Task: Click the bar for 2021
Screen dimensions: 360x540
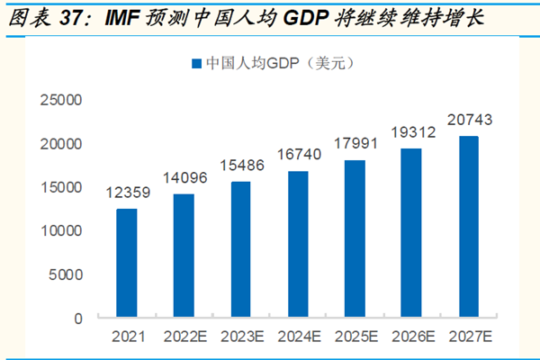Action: [x=126, y=263]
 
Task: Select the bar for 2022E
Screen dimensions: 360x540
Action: [x=184, y=256]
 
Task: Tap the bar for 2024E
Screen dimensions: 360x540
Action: [x=298, y=244]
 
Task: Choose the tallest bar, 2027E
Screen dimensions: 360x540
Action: [x=469, y=227]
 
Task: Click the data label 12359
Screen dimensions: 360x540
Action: [x=126, y=192]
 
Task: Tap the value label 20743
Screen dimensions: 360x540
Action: [x=469, y=119]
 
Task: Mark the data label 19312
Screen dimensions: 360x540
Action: [x=411, y=131]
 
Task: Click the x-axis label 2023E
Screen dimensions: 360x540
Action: [x=240, y=337]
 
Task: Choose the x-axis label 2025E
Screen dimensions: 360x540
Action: [x=355, y=337]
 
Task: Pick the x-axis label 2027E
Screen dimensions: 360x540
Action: [x=469, y=337]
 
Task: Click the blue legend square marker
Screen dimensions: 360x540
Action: [x=195, y=64]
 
